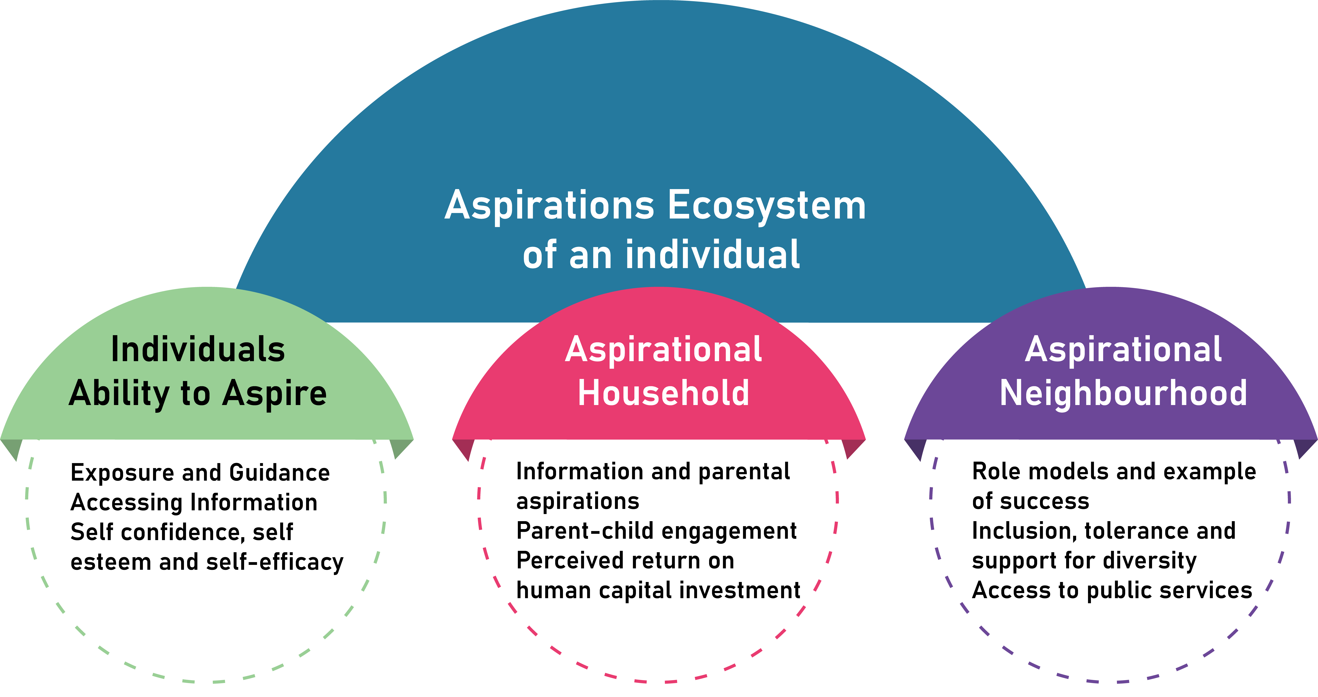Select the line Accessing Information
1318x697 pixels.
(x=194, y=502)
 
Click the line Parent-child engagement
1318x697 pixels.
(x=656, y=531)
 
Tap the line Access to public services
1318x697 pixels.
(x=1112, y=590)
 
